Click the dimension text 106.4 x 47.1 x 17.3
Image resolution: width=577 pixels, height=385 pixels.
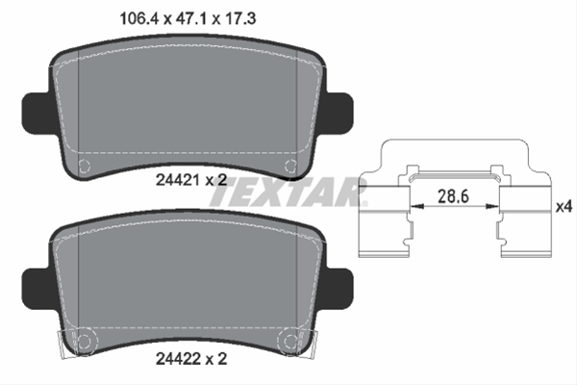click(188, 18)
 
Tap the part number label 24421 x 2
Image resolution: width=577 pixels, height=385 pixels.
click(191, 180)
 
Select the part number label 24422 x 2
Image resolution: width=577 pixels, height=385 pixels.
click(191, 358)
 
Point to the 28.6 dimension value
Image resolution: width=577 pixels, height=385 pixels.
click(453, 196)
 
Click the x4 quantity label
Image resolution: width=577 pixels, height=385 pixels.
click(564, 207)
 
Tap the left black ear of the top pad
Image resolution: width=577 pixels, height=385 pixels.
click(37, 114)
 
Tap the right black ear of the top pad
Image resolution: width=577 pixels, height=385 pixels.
click(339, 114)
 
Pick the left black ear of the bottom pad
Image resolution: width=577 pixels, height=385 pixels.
click(37, 289)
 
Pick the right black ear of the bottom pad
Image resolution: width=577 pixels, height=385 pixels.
click(339, 289)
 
